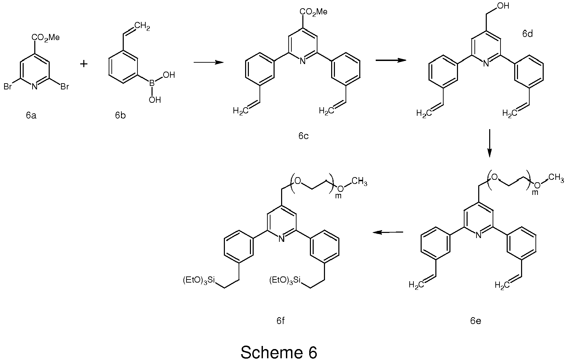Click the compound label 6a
[31, 115]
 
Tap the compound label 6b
[120, 115]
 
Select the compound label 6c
[303, 136]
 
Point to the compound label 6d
[528, 34]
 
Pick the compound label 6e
[475, 321]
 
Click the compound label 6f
[280, 321]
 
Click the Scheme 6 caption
[279, 352]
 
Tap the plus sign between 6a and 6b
[84, 64]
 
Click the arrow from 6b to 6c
[208, 62]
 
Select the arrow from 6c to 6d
[391, 60]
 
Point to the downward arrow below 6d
[490, 143]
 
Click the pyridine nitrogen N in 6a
[34, 87]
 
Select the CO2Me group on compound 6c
[314, 12]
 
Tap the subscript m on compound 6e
[535, 192]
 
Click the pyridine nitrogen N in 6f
[281, 239]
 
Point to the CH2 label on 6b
[142, 26]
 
